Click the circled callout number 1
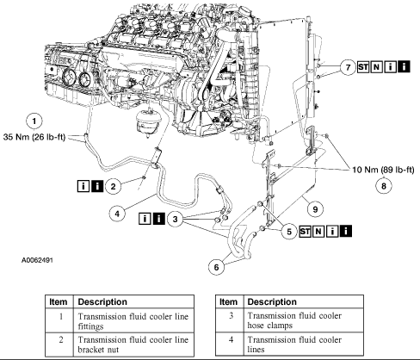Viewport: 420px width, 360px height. tap(34, 121)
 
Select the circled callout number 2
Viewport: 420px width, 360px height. tap(113, 187)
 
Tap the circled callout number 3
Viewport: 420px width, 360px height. tap(175, 220)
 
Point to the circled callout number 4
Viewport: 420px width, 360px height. tap(117, 214)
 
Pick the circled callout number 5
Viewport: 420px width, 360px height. tap(289, 232)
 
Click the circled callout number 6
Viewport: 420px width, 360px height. tap(216, 267)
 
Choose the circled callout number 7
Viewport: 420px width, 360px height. tap(348, 67)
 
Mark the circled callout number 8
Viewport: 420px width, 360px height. tap(384, 186)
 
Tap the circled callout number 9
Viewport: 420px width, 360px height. tap(315, 209)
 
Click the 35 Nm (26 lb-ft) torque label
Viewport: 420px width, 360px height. tap(34, 137)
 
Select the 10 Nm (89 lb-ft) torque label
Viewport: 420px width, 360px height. tap(383, 170)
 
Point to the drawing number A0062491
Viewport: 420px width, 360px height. tap(37, 260)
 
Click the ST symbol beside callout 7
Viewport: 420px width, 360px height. tap(363, 67)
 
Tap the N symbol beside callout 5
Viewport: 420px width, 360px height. tap(318, 232)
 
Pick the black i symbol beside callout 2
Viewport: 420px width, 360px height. tap(97, 186)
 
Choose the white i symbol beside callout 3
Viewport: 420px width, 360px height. tap(145, 219)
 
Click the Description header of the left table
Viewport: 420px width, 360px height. tap(102, 302)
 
